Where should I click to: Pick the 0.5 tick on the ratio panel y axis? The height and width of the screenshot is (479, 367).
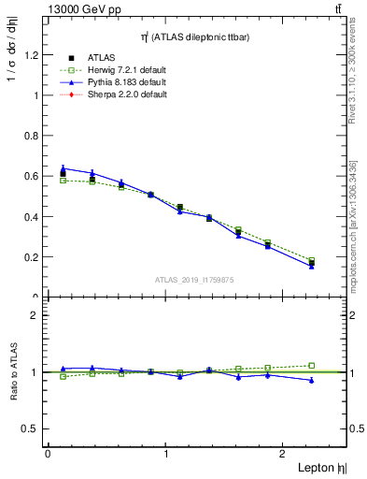(28, 428)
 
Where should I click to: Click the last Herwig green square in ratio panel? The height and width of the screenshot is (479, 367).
(311, 366)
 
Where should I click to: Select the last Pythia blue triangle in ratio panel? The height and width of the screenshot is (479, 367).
(311, 381)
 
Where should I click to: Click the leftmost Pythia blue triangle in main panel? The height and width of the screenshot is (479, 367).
(63, 168)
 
